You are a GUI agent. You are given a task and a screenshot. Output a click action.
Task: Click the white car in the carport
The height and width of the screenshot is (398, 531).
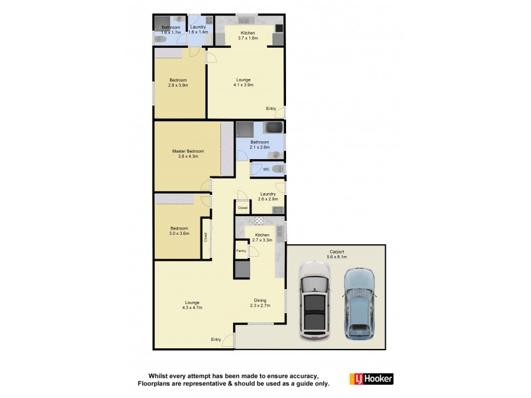pyautogui.click(x=314, y=300)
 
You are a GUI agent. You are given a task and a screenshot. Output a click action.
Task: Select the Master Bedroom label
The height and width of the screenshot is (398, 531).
pyautogui.click(x=188, y=153)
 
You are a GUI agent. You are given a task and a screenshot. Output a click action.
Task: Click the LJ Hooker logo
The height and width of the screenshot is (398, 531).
pyautogui.click(x=371, y=379)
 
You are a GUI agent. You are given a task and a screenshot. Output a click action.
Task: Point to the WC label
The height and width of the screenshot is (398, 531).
pyautogui.click(x=265, y=169)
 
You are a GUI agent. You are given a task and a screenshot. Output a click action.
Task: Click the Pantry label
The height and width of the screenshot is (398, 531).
pyautogui.click(x=241, y=251)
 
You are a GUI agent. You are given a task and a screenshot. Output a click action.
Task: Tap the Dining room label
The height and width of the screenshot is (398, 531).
pyautogui.click(x=260, y=302)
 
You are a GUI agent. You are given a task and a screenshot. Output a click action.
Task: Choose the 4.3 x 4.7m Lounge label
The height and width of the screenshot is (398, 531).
pyautogui.click(x=192, y=305)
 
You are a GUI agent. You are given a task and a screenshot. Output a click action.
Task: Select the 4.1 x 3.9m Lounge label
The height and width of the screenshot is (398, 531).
pyautogui.click(x=242, y=82)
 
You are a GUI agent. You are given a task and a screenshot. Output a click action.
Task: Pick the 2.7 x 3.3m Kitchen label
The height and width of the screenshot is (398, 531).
pyautogui.click(x=262, y=237)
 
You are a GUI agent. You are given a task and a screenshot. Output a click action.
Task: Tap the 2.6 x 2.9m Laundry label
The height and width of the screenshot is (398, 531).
pyautogui.click(x=268, y=196)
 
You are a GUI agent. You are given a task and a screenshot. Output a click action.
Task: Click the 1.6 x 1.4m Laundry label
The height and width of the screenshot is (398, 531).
pyautogui.click(x=198, y=29)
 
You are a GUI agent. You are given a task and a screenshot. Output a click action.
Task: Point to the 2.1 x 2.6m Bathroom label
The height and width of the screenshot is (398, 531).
pyautogui.click(x=260, y=144)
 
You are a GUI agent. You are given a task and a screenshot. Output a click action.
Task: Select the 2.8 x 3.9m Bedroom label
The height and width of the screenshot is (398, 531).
pyautogui.click(x=178, y=82)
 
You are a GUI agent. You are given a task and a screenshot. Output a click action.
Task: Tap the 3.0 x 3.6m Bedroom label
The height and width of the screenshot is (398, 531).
pyautogui.click(x=179, y=231)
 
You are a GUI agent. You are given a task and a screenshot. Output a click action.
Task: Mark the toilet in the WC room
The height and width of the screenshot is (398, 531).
pyautogui.click(x=277, y=169)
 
